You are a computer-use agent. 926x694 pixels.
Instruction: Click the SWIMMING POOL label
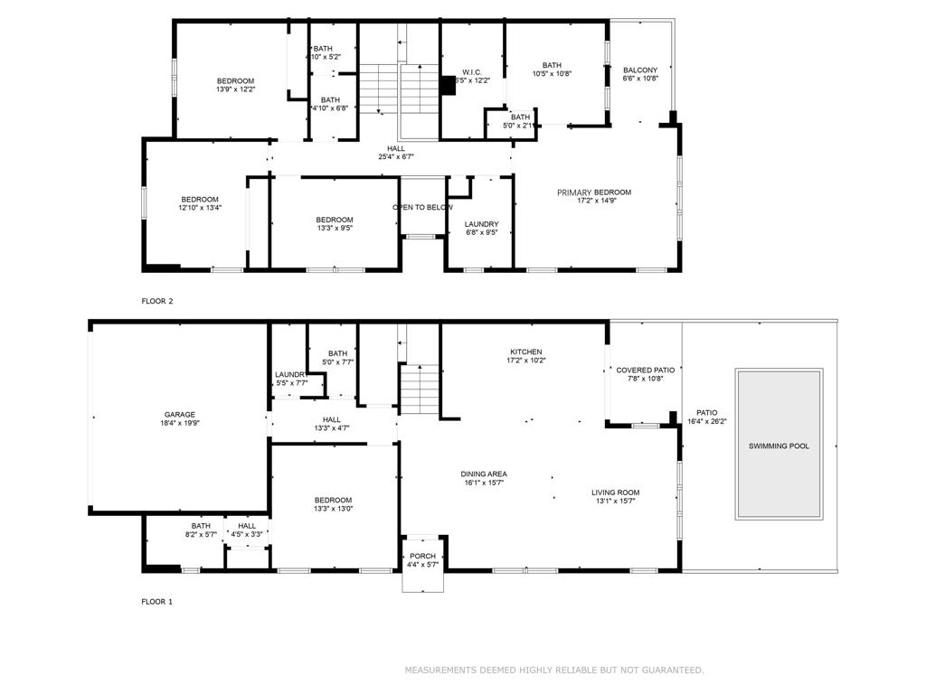click(x=779, y=446)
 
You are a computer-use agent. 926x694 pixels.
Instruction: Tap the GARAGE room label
click(x=179, y=415)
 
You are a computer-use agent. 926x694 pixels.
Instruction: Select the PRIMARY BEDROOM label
click(x=593, y=192)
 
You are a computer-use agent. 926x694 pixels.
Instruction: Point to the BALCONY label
click(x=640, y=70)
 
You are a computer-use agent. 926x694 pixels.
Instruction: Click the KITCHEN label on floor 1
click(x=525, y=352)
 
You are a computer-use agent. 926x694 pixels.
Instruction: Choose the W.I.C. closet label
click(x=471, y=72)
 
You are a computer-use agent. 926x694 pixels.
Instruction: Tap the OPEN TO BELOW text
click(x=422, y=208)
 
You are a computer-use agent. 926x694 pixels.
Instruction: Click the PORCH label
click(x=422, y=556)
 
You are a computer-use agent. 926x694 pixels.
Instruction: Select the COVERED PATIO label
click(x=646, y=370)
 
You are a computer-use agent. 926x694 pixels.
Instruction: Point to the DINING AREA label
click(x=484, y=474)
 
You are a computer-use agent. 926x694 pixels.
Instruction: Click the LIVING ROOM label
click(x=615, y=492)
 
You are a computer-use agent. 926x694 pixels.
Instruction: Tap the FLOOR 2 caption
click(x=156, y=301)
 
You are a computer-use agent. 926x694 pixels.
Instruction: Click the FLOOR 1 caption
click(x=156, y=601)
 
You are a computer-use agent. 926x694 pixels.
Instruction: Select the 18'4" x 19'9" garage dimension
click(x=179, y=423)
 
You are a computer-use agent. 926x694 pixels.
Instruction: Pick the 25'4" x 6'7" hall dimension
click(x=396, y=157)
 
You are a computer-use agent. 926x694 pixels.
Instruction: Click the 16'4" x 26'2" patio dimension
click(x=706, y=420)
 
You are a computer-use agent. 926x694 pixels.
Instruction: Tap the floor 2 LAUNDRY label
click(x=481, y=224)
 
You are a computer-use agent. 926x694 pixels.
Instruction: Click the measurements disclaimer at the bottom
click(x=553, y=670)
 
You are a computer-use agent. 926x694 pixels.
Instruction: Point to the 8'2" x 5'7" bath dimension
click(x=201, y=534)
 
